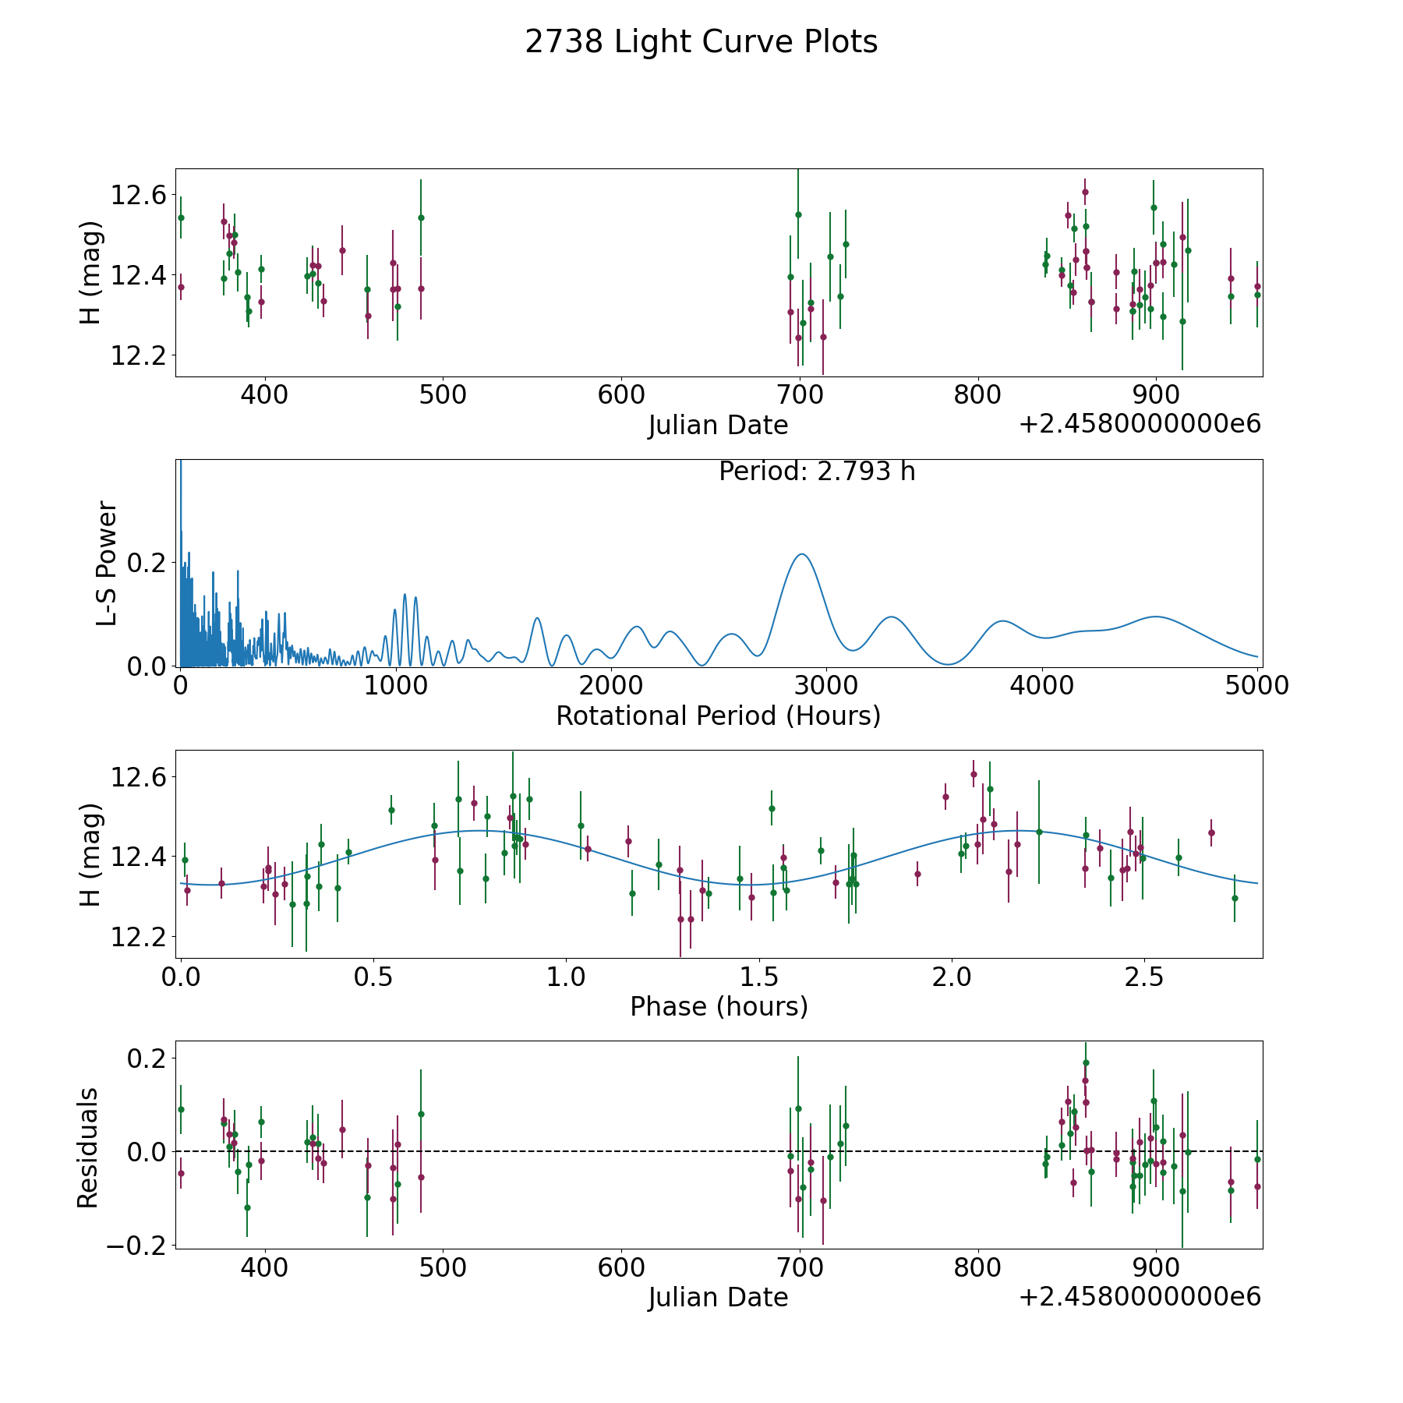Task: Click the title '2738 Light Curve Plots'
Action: pos(701,42)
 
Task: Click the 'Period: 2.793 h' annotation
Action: pos(816,472)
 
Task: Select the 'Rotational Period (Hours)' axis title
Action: pos(718,716)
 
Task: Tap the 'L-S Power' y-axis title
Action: pos(107,563)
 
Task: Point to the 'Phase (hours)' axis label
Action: pos(718,1006)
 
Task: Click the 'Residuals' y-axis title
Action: pos(88,1148)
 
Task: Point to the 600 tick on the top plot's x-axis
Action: pos(621,394)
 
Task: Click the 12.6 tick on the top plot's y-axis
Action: pos(138,195)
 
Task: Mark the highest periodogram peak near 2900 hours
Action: pos(801,554)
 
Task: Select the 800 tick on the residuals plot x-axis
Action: pos(977,1267)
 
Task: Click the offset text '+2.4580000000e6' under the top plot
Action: pos(1140,424)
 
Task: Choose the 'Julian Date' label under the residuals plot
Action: pos(718,1297)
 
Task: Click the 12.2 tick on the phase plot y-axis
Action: pos(138,937)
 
